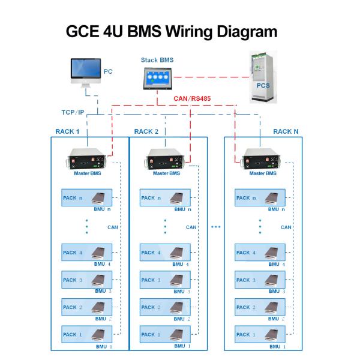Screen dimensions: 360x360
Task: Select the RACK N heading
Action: click(286, 131)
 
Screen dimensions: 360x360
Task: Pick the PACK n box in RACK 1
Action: click(88, 198)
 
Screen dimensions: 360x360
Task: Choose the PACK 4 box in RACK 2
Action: click(166, 253)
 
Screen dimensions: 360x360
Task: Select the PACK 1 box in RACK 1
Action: click(88, 334)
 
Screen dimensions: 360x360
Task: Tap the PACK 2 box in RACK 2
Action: click(166, 307)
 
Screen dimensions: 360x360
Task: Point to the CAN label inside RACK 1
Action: click(113, 227)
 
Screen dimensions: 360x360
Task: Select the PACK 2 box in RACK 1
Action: click(88, 307)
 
